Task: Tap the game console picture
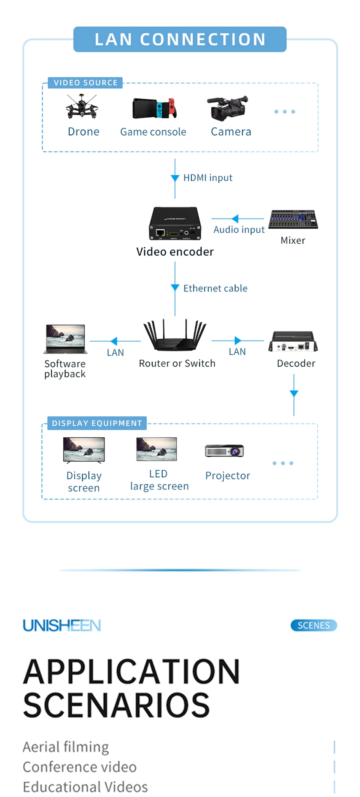tap(154, 108)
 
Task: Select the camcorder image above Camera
tap(228, 108)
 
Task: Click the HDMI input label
tap(208, 178)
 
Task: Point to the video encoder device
tap(175, 224)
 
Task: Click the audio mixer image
tap(293, 219)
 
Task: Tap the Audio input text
tap(239, 230)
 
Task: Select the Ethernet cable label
tap(215, 288)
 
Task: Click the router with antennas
tap(175, 335)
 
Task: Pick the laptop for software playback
tap(66, 339)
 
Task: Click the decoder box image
tap(293, 341)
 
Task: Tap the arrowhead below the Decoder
tap(294, 393)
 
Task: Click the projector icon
tap(225, 451)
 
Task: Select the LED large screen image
tap(156, 449)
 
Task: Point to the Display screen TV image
tap(84, 450)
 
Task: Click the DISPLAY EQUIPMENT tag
tap(97, 423)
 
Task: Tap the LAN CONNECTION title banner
tap(180, 39)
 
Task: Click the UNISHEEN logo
tap(62, 625)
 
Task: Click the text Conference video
tap(79, 767)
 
